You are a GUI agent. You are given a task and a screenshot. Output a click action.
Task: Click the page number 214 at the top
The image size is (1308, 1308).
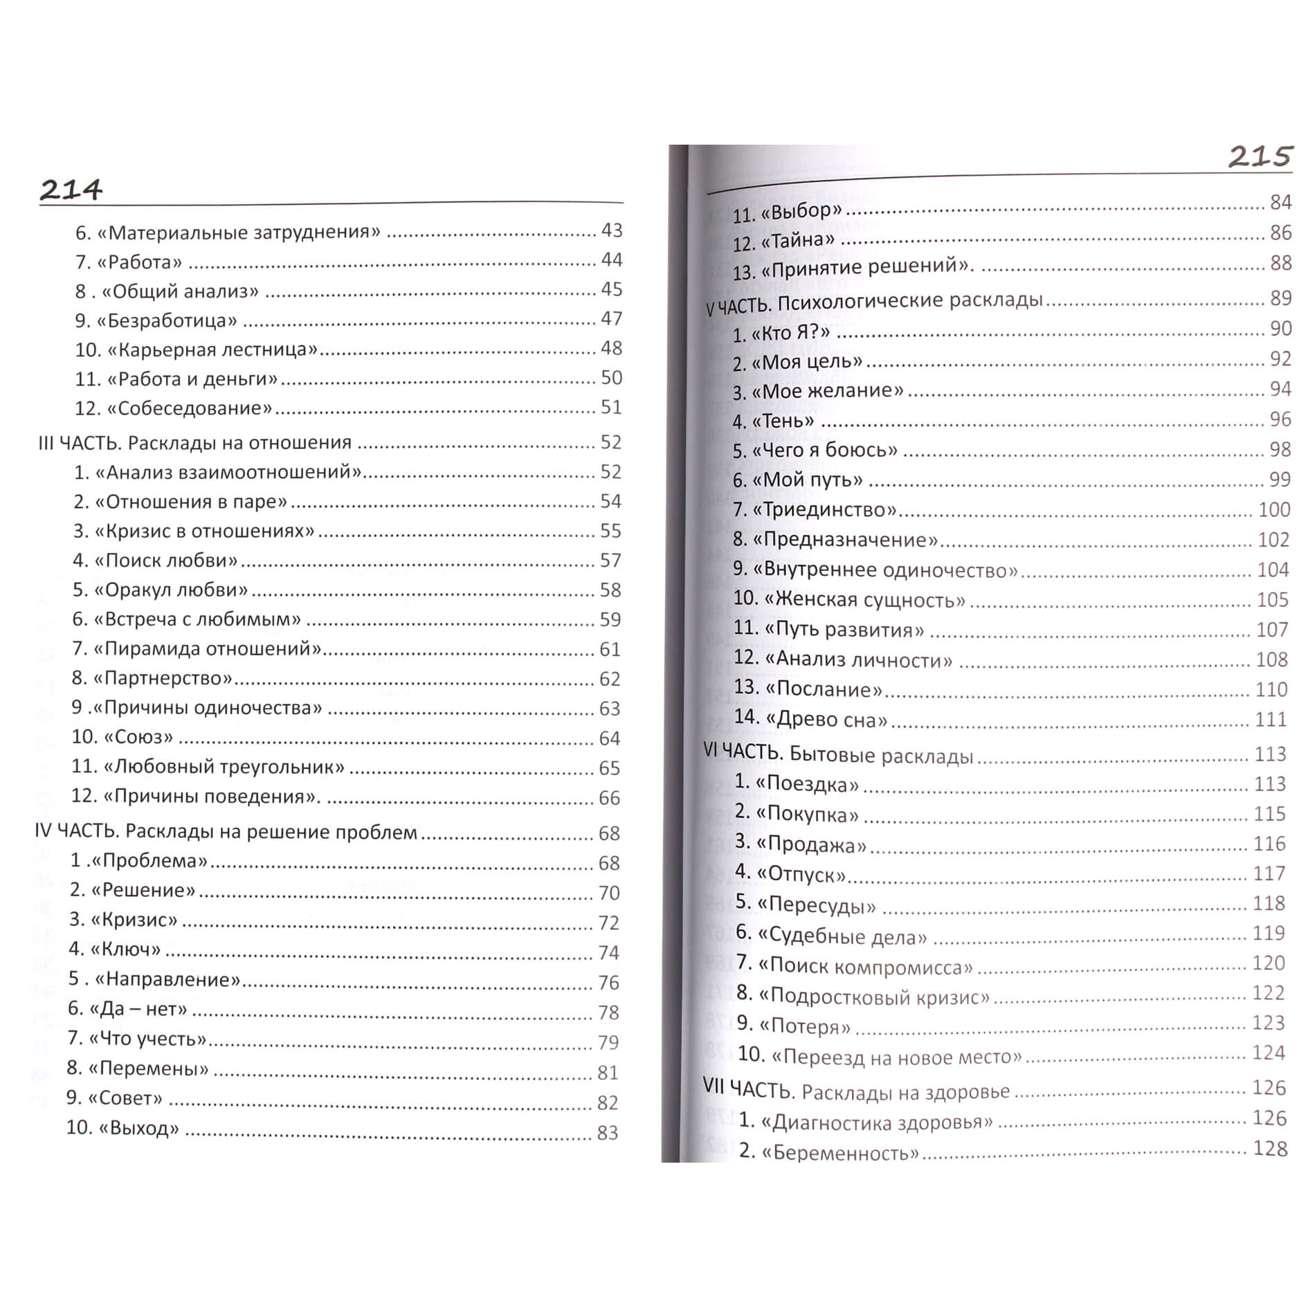[x=71, y=189]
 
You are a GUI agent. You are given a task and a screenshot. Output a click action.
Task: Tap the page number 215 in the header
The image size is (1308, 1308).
[x=1260, y=157]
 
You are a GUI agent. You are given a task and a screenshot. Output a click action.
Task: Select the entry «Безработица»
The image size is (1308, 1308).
[x=156, y=320]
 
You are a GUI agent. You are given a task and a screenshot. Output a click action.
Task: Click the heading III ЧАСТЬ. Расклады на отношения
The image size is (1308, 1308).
[x=194, y=442]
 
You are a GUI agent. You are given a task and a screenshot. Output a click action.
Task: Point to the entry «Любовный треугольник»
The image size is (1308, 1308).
[x=208, y=767]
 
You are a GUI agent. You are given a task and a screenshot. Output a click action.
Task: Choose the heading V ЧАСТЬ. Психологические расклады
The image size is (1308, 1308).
[x=874, y=302]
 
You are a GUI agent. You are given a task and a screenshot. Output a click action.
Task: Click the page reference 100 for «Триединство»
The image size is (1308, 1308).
[x=1273, y=509]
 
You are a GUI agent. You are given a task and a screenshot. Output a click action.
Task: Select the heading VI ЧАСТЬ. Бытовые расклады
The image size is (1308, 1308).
[x=838, y=754]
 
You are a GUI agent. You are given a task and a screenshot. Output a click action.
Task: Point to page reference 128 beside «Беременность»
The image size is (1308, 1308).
[x=1270, y=1148]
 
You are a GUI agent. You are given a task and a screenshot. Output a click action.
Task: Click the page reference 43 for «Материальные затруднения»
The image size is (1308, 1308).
[x=611, y=230]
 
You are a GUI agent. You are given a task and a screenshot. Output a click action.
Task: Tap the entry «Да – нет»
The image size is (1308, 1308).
[x=128, y=1009]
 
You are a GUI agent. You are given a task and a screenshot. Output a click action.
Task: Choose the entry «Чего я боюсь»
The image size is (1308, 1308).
[x=815, y=451]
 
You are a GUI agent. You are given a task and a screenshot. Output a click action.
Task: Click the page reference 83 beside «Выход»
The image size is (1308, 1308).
[x=607, y=1132]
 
